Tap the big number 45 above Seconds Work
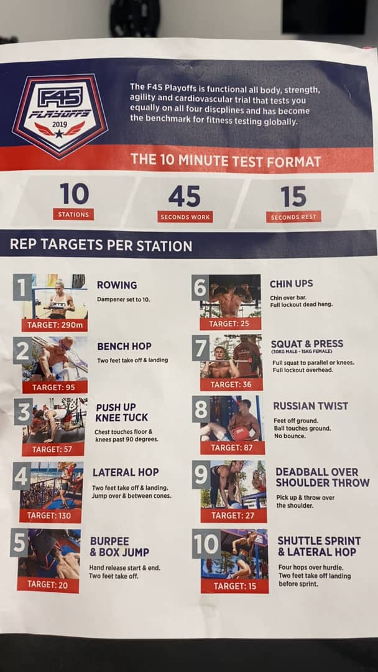[x=185, y=197]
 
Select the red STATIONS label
[x=73, y=214]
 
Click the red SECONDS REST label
[x=293, y=217]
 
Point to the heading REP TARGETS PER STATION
[x=101, y=246]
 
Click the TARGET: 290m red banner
[x=55, y=325]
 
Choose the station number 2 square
[x=22, y=350]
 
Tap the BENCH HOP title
[x=124, y=347]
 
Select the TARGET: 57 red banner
[x=53, y=450]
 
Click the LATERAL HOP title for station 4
[x=126, y=472]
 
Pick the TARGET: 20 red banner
[x=47, y=584]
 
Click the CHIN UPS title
[x=291, y=284]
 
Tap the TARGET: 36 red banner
[x=231, y=384]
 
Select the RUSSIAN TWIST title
[x=310, y=406]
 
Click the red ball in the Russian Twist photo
[x=241, y=433]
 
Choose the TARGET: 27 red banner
[x=233, y=516]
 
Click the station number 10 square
[x=206, y=544]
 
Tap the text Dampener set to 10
[x=123, y=299]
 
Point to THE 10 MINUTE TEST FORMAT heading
[x=226, y=161]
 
